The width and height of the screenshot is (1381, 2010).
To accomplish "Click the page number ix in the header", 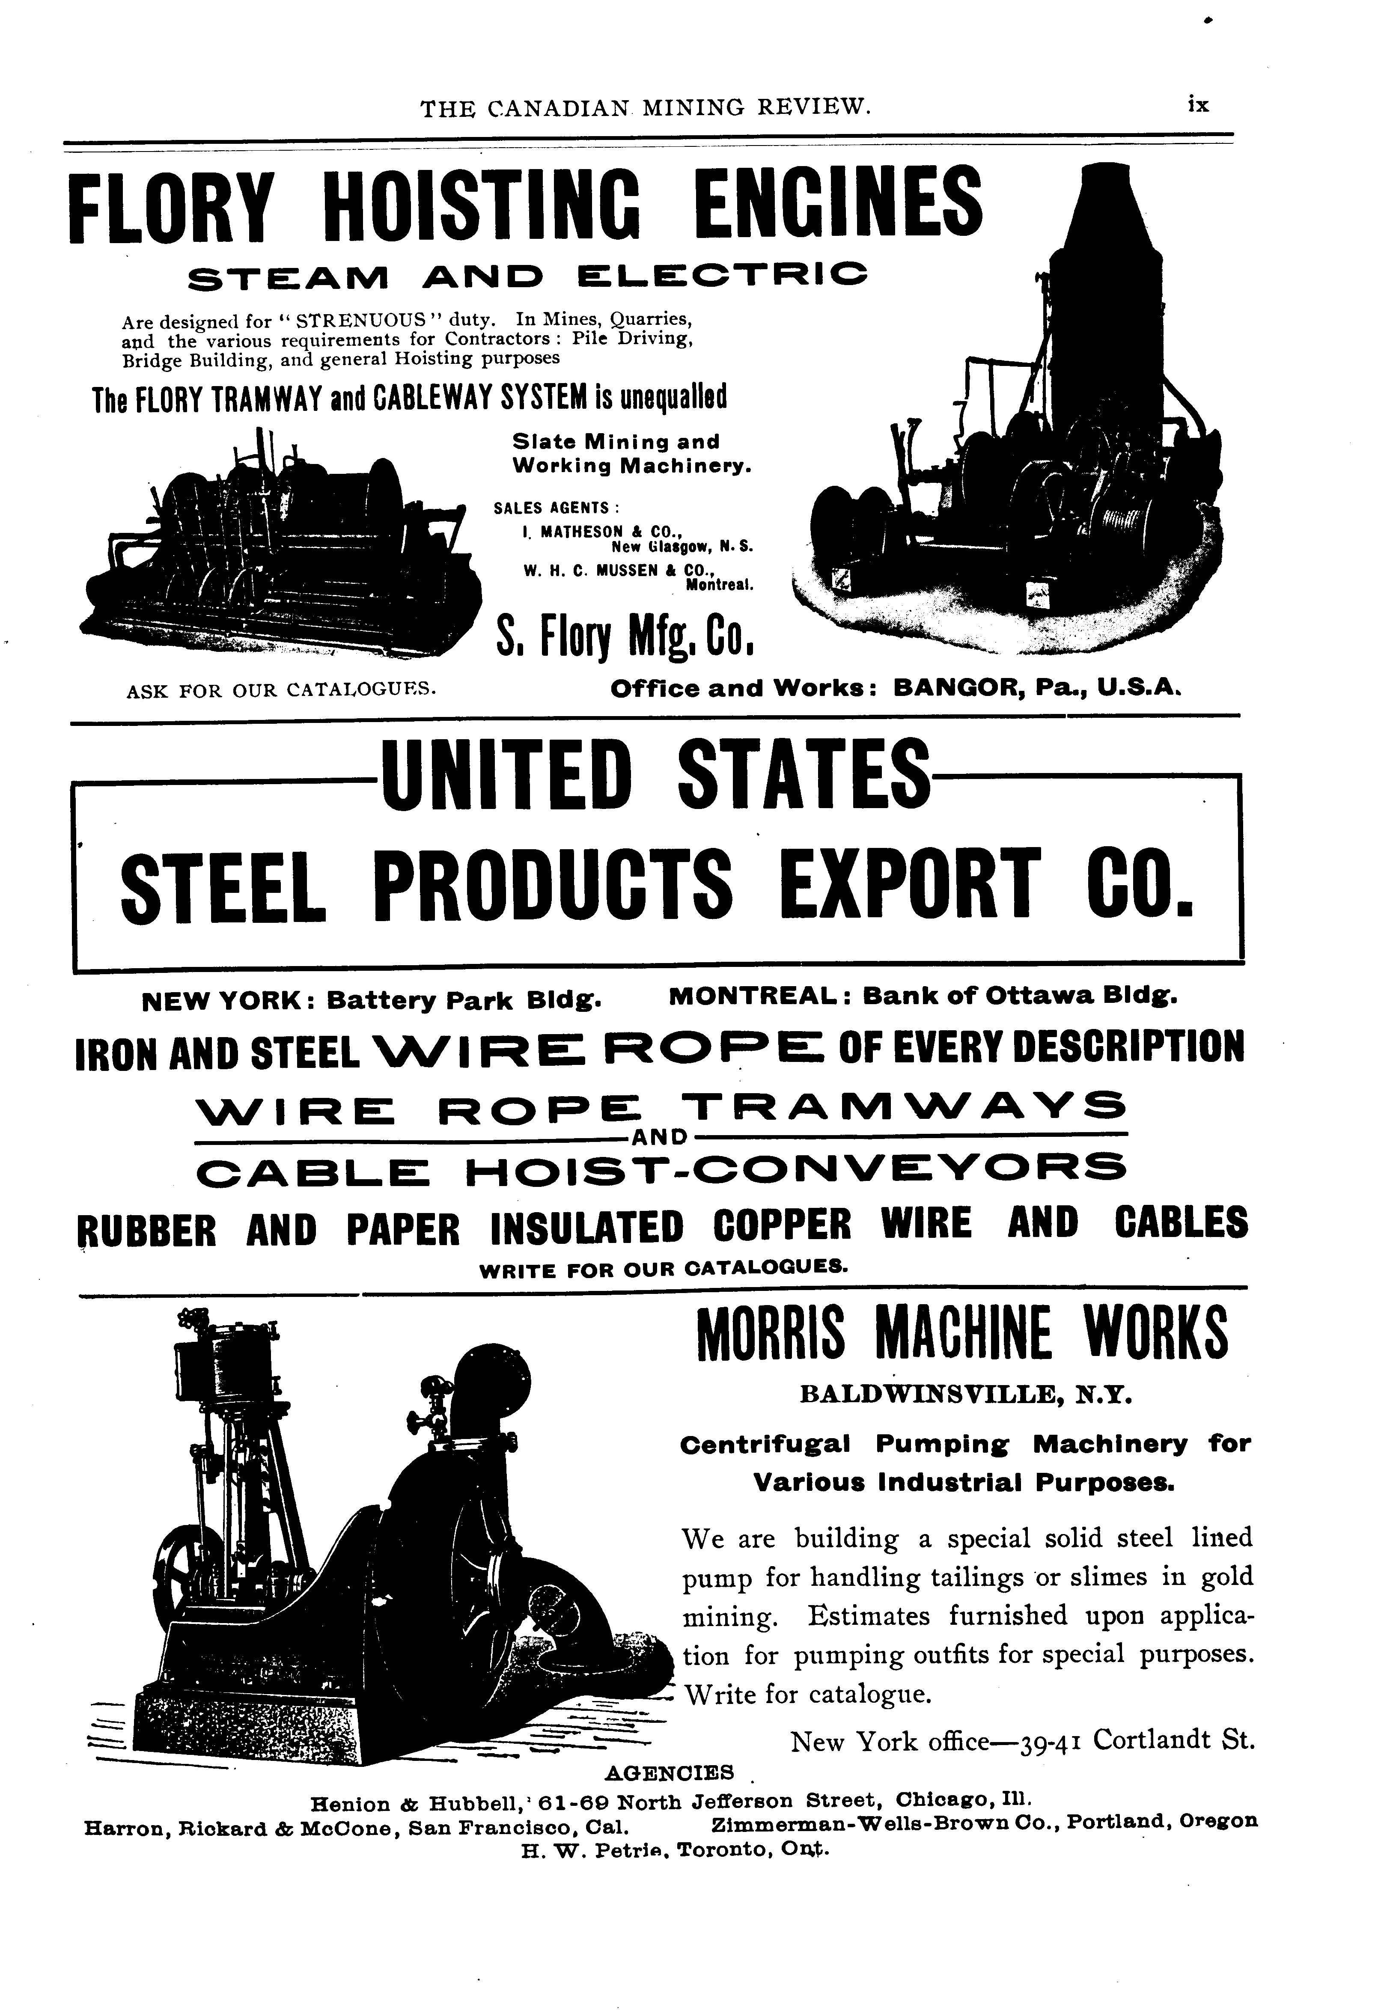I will click(x=1197, y=105).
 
